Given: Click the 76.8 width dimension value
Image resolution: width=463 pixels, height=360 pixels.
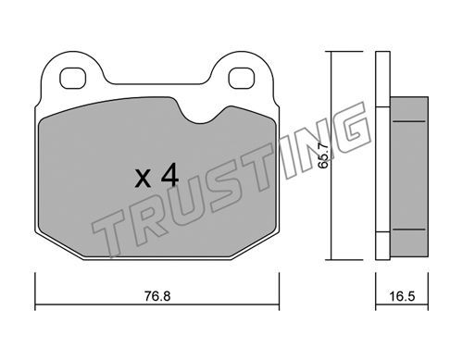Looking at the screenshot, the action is pyautogui.click(x=157, y=296).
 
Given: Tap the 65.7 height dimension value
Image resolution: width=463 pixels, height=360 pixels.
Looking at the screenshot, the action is pyautogui.click(x=323, y=155).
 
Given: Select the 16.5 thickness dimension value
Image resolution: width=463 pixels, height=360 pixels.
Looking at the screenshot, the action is pyautogui.click(x=402, y=296).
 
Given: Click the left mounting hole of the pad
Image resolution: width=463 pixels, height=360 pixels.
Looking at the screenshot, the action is pyautogui.click(x=72, y=78).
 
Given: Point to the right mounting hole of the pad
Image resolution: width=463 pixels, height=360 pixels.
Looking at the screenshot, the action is pyautogui.click(x=242, y=78).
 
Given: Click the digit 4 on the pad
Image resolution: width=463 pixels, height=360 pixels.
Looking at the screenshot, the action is pyautogui.click(x=170, y=175).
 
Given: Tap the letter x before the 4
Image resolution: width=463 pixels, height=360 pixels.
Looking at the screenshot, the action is pyautogui.click(x=143, y=179).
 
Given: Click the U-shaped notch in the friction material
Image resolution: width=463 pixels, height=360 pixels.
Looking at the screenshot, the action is pyautogui.click(x=201, y=114).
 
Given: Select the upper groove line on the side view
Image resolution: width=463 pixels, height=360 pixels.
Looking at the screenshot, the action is pyautogui.click(x=408, y=121).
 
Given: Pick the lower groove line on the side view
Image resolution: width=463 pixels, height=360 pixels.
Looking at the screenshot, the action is pyautogui.click(x=408, y=230).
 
